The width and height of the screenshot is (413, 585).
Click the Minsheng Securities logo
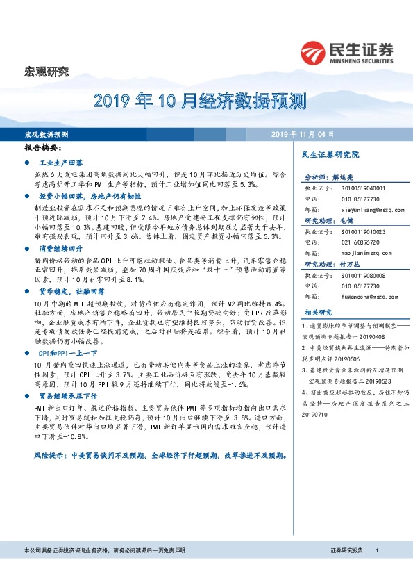point(347,53)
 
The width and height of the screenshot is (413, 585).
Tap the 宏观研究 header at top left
point(47,71)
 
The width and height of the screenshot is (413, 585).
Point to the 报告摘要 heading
point(43,148)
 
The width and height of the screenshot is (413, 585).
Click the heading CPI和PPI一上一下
point(65,354)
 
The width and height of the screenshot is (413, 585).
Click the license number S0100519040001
point(360,188)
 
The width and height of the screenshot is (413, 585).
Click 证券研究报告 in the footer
point(347,570)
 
